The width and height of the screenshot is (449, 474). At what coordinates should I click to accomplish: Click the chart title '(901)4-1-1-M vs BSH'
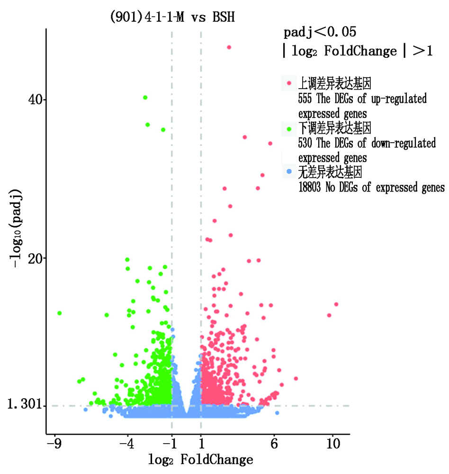pyautogui.click(x=172, y=18)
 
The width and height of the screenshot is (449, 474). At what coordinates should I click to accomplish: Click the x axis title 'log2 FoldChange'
pyautogui.click(x=200, y=459)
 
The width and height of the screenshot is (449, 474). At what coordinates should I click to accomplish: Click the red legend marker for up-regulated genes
pyautogui.click(x=289, y=84)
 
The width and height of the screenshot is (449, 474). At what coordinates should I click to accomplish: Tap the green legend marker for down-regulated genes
pyautogui.click(x=289, y=128)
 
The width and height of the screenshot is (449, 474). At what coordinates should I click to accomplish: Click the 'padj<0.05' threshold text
pyautogui.click(x=320, y=33)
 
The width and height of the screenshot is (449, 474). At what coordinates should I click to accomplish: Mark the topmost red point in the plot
pyautogui.click(x=229, y=47)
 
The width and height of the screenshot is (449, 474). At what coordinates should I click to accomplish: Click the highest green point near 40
pyautogui.click(x=145, y=98)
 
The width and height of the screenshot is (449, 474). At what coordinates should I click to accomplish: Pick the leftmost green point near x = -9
pyautogui.click(x=60, y=313)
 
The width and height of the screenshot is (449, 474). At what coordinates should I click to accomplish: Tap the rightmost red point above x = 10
pyautogui.click(x=336, y=304)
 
